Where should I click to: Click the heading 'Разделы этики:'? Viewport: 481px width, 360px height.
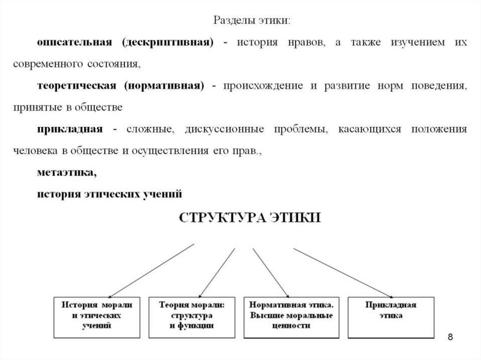(x=253, y=21)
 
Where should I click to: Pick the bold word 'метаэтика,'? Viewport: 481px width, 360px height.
(x=67, y=172)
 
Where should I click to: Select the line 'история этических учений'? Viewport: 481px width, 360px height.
(x=109, y=193)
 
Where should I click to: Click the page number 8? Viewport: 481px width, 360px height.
(x=450, y=337)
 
